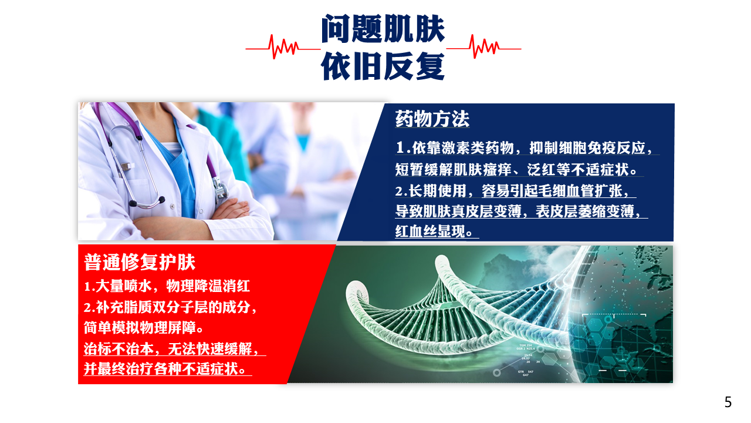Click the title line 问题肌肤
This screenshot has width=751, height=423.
383,29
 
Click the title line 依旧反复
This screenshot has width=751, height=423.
383,66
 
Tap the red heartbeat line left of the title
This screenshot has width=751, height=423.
283,48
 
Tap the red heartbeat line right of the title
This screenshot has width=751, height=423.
484,47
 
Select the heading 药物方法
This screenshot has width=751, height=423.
432,119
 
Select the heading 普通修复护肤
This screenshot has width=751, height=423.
140,262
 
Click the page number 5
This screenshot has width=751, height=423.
728,402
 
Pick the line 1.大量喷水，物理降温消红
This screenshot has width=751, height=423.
167,286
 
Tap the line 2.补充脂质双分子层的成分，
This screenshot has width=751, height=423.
170,307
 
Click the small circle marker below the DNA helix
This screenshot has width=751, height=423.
497,372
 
